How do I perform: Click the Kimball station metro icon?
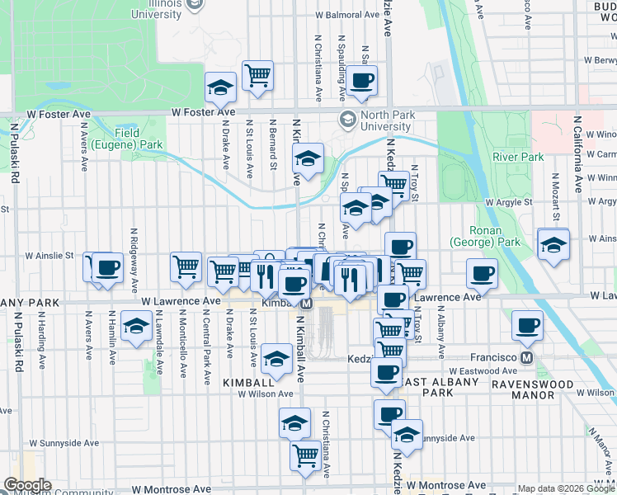point(306,304)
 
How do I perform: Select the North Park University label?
point(379,121)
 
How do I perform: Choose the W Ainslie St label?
point(52,257)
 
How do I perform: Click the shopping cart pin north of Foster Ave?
point(258,75)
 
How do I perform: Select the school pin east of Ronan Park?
point(553,243)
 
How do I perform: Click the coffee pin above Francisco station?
point(527,326)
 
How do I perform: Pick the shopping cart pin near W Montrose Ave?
point(306,455)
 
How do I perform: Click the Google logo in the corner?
point(27,485)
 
